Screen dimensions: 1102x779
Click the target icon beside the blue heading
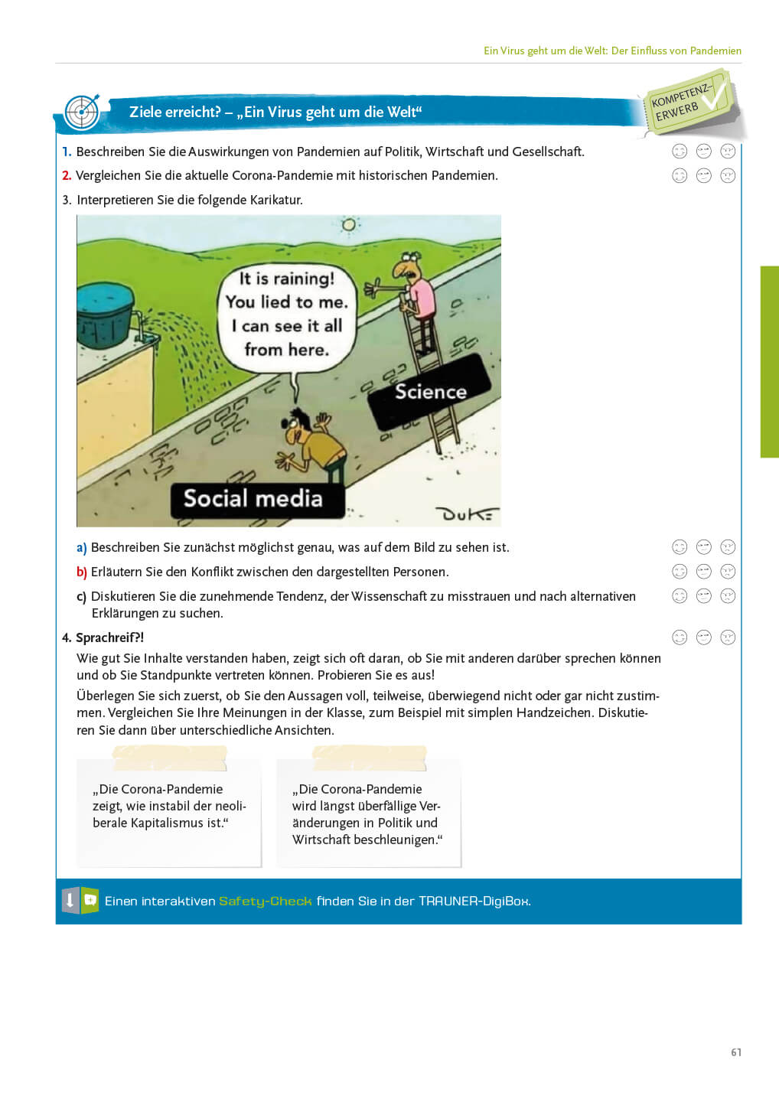82,112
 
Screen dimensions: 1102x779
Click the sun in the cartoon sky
350,224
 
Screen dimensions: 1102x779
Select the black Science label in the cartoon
429,392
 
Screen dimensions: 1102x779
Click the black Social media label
253,499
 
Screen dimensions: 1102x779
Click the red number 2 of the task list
67,176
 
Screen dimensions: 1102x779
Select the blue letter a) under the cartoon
81,548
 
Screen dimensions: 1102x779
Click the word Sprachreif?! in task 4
109,637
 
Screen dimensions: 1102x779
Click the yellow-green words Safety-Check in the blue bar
265,901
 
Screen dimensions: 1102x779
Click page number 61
735,1052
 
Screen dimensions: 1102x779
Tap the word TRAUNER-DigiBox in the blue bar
474,901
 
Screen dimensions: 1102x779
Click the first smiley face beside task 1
680,152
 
